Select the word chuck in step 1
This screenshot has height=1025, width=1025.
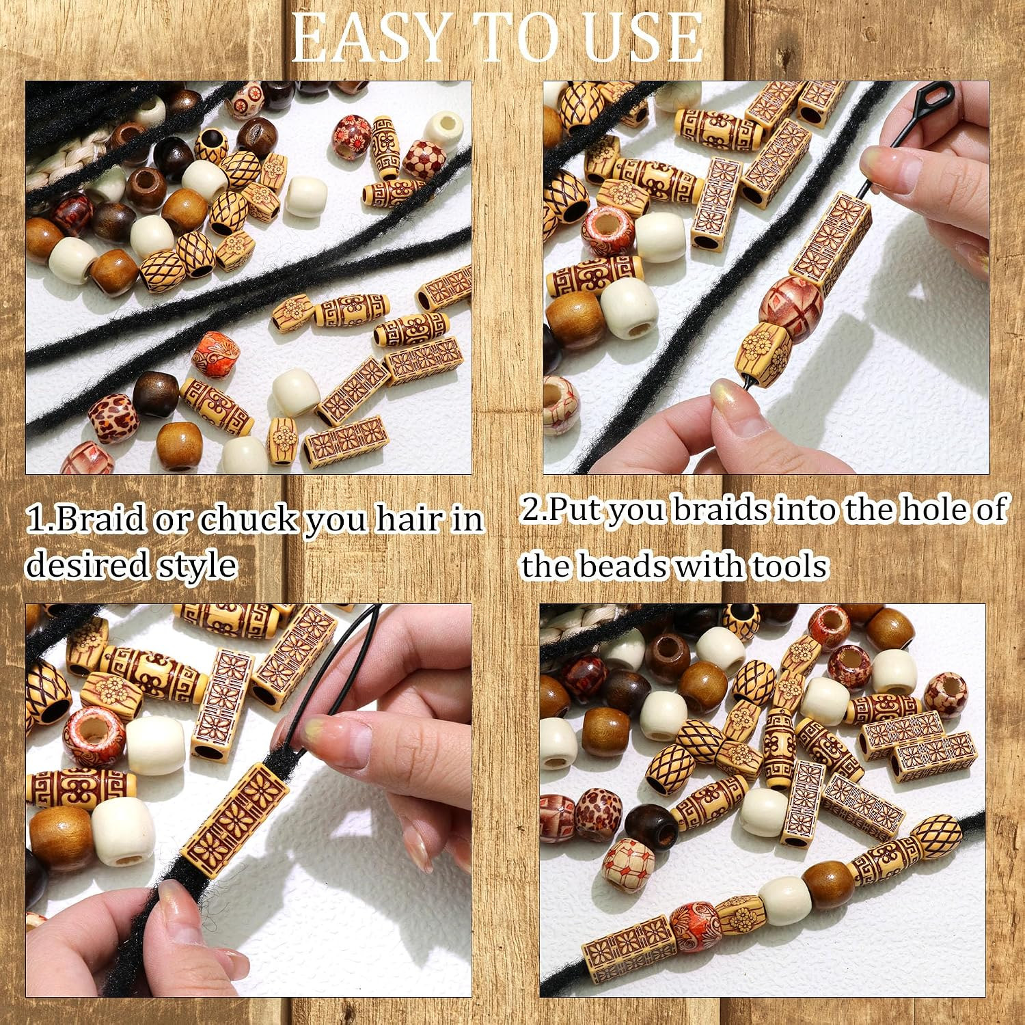click(x=249, y=520)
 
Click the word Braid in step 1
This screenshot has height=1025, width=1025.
click(x=100, y=520)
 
